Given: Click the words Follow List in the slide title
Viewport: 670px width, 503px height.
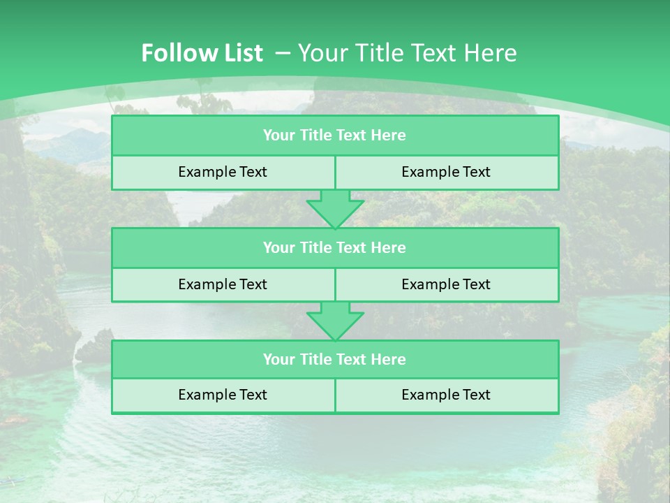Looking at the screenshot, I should click(x=202, y=53).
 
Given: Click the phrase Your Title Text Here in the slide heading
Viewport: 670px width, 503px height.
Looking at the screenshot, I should click(x=407, y=53).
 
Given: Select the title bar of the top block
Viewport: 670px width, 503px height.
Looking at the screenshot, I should click(x=334, y=136).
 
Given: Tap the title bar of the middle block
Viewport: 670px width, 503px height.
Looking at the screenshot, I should click(x=334, y=247).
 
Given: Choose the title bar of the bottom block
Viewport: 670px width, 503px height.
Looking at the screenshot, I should click(x=334, y=359).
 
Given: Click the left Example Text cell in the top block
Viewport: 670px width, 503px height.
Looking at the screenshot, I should click(x=223, y=172).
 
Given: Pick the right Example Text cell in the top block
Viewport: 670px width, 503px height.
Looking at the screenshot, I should click(x=446, y=172).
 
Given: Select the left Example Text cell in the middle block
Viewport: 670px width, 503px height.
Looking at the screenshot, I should click(x=223, y=284).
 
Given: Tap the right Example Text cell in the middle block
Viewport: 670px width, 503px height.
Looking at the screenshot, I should click(x=446, y=284).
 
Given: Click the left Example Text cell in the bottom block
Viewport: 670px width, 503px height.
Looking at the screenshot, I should click(x=223, y=395).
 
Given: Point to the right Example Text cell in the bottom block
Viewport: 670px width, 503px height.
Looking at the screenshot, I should click(x=446, y=395).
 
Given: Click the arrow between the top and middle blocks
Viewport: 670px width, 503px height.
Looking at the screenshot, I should click(x=335, y=209).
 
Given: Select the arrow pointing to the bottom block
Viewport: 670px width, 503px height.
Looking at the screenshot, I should click(x=335, y=321).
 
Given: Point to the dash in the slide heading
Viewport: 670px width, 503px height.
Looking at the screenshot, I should click(x=283, y=53).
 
